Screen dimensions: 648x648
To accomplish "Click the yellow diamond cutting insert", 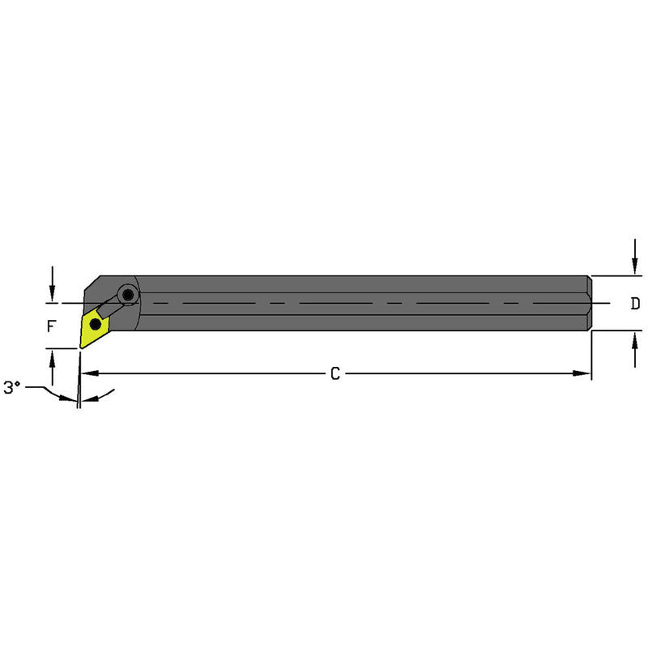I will (92, 327).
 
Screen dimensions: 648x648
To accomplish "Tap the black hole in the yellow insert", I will (96, 325).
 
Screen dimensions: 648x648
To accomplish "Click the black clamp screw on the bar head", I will (128, 293).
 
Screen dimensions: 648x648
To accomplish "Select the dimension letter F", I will (52, 327).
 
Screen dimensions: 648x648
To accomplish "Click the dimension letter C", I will (334, 373).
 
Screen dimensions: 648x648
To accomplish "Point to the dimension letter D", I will (635, 304).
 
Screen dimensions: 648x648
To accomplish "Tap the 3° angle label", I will (11, 388).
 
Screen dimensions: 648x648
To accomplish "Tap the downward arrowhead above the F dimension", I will (53, 295).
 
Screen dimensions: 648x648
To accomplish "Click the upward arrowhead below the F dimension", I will (53, 356).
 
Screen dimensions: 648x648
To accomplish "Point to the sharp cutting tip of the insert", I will (81, 347).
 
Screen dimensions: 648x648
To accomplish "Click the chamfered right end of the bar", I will (590, 303).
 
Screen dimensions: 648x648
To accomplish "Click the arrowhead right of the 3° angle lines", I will (89, 399).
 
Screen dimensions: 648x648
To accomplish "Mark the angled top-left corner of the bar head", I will (91, 283).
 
